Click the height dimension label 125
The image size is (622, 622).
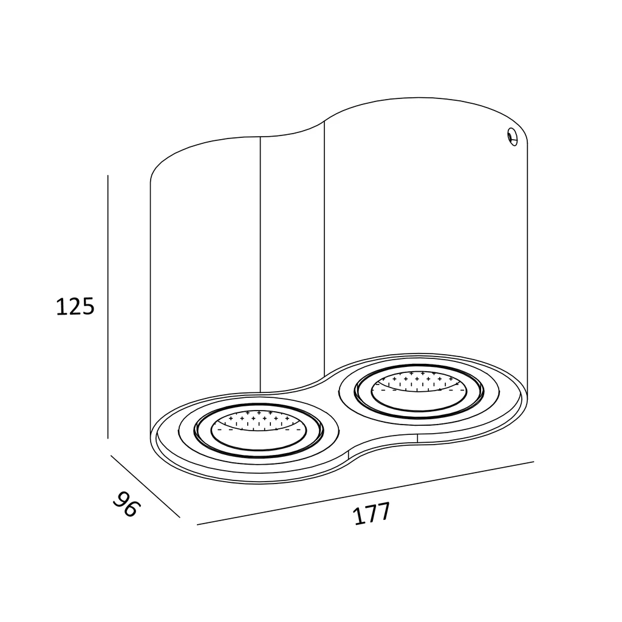(75, 306)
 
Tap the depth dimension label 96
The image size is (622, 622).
(127, 504)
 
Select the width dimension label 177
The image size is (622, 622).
(372, 514)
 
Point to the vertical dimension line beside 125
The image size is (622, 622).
(108, 307)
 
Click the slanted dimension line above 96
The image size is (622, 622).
(145, 486)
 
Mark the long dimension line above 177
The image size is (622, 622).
(365, 493)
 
